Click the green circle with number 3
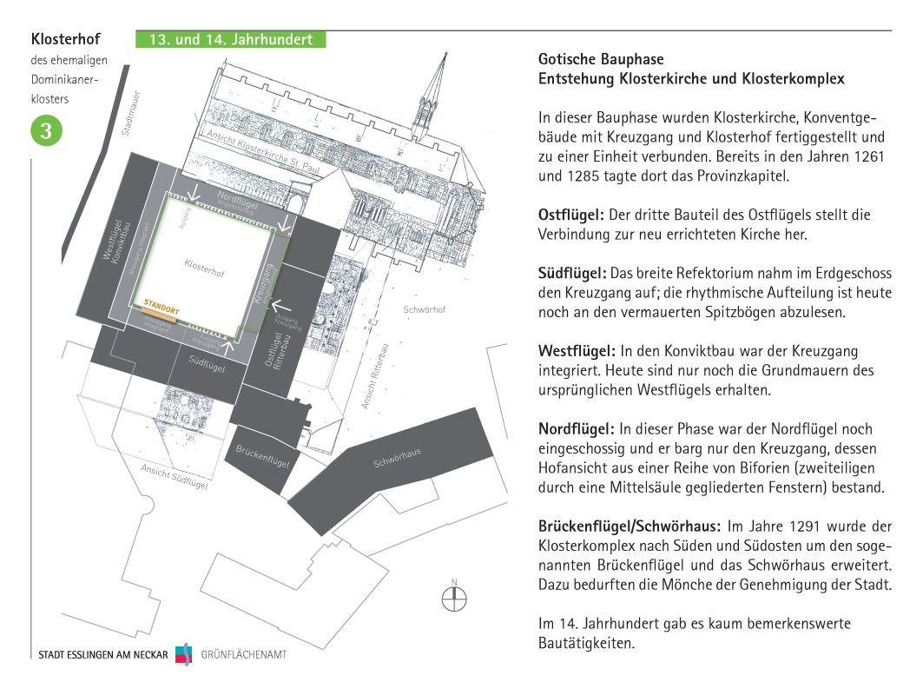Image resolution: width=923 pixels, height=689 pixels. pyautogui.click(x=46, y=131)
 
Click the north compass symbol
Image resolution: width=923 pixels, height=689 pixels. pyautogui.click(x=453, y=599)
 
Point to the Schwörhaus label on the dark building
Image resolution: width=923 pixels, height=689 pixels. pyautogui.click(x=397, y=458)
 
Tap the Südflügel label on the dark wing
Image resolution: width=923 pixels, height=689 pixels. pyautogui.click(x=208, y=366)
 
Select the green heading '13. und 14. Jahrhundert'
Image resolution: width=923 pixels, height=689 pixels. pyautogui.click(x=230, y=40)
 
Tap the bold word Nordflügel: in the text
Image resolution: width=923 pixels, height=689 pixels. pyautogui.click(x=574, y=429)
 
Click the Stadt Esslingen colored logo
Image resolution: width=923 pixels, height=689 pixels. pyautogui.click(x=183, y=654)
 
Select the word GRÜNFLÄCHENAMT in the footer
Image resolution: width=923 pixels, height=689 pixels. pyautogui.click(x=243, y=654)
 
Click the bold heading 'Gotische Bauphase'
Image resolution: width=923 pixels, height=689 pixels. pyautogui.click(x=601, y=60)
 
